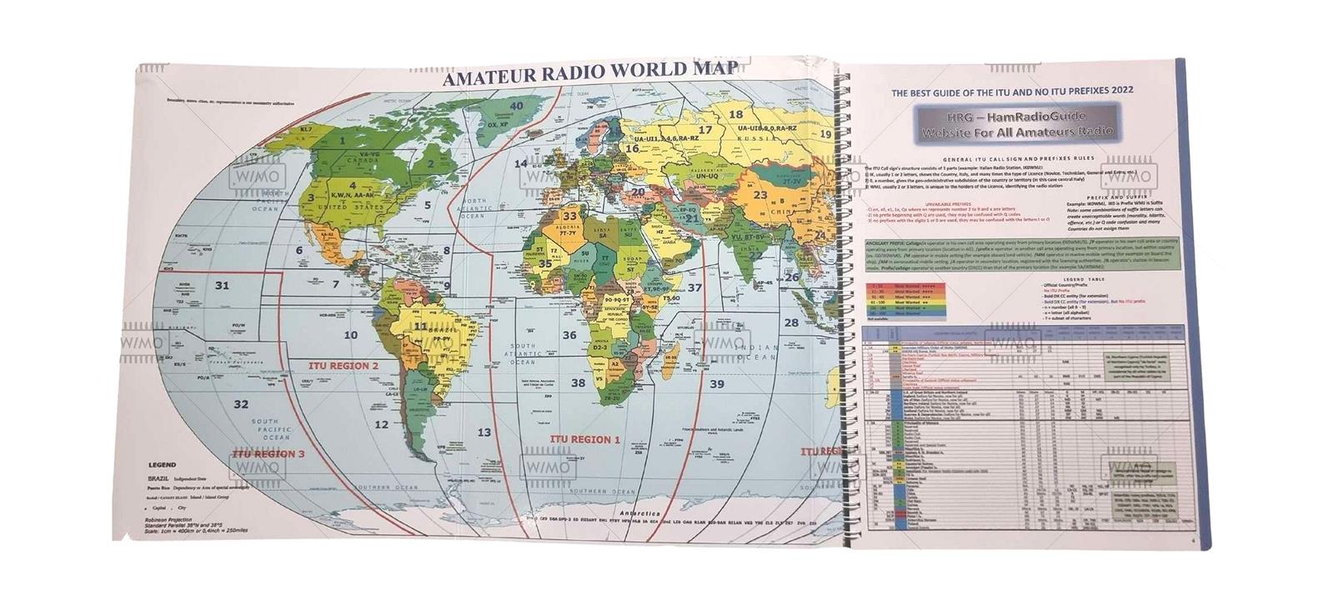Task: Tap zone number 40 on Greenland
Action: (517, 107)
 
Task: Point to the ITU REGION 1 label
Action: (585, 438)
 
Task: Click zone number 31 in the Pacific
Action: (222, 286)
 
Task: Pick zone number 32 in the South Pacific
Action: (241, 405)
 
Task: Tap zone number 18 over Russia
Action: (736, 115)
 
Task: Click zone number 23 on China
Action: (760, 196)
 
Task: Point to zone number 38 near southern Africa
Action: (578, 383)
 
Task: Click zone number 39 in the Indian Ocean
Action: (716, 384)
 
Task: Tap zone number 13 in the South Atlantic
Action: (484, 432)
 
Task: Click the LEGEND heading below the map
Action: (162, 464)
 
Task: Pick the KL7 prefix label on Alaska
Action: (305, 131)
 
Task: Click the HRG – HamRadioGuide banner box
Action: (1003, 123)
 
